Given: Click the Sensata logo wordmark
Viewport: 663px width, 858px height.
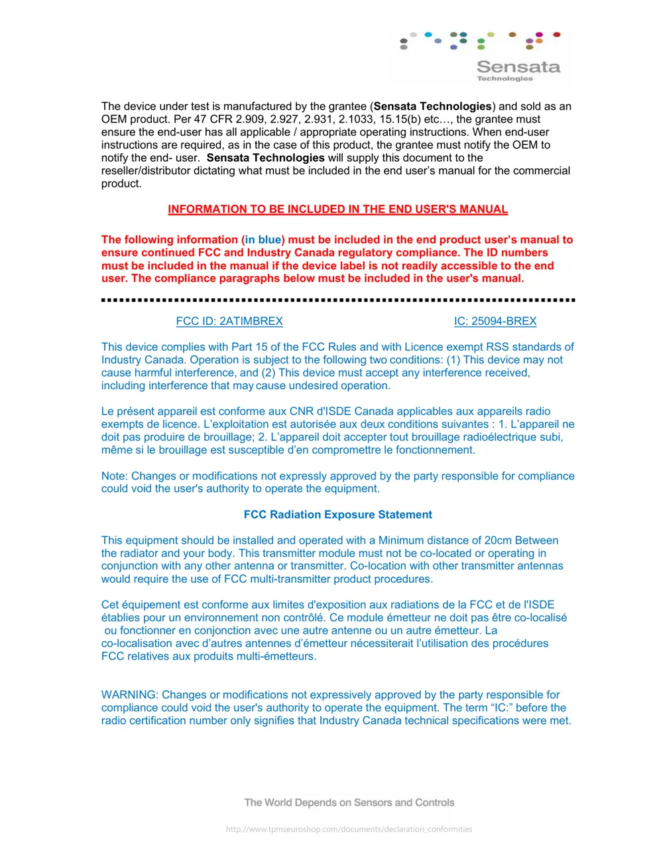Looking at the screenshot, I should coord(518,67).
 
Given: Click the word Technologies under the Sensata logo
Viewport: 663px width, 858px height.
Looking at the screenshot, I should coord(505,79).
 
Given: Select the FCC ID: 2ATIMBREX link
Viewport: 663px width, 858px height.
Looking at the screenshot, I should coord(229,322).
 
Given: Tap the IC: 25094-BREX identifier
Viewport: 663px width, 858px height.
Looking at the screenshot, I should coord(495,322).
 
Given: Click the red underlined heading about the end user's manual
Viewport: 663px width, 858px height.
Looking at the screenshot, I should coord(337,210).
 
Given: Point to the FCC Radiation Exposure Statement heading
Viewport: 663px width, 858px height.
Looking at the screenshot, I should coord(337,515).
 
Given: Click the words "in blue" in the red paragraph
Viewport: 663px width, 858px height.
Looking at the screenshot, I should coord(263,240).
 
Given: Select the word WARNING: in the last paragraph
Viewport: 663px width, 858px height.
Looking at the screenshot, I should coord(130,695).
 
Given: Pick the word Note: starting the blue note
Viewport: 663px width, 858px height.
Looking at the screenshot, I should coord(115,476).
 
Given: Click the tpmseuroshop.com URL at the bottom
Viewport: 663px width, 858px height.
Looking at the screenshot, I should coord(349,829).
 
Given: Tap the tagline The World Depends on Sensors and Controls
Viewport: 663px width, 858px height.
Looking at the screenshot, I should coord(349,803).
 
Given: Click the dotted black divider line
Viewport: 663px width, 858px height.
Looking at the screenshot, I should coord(337,300).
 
